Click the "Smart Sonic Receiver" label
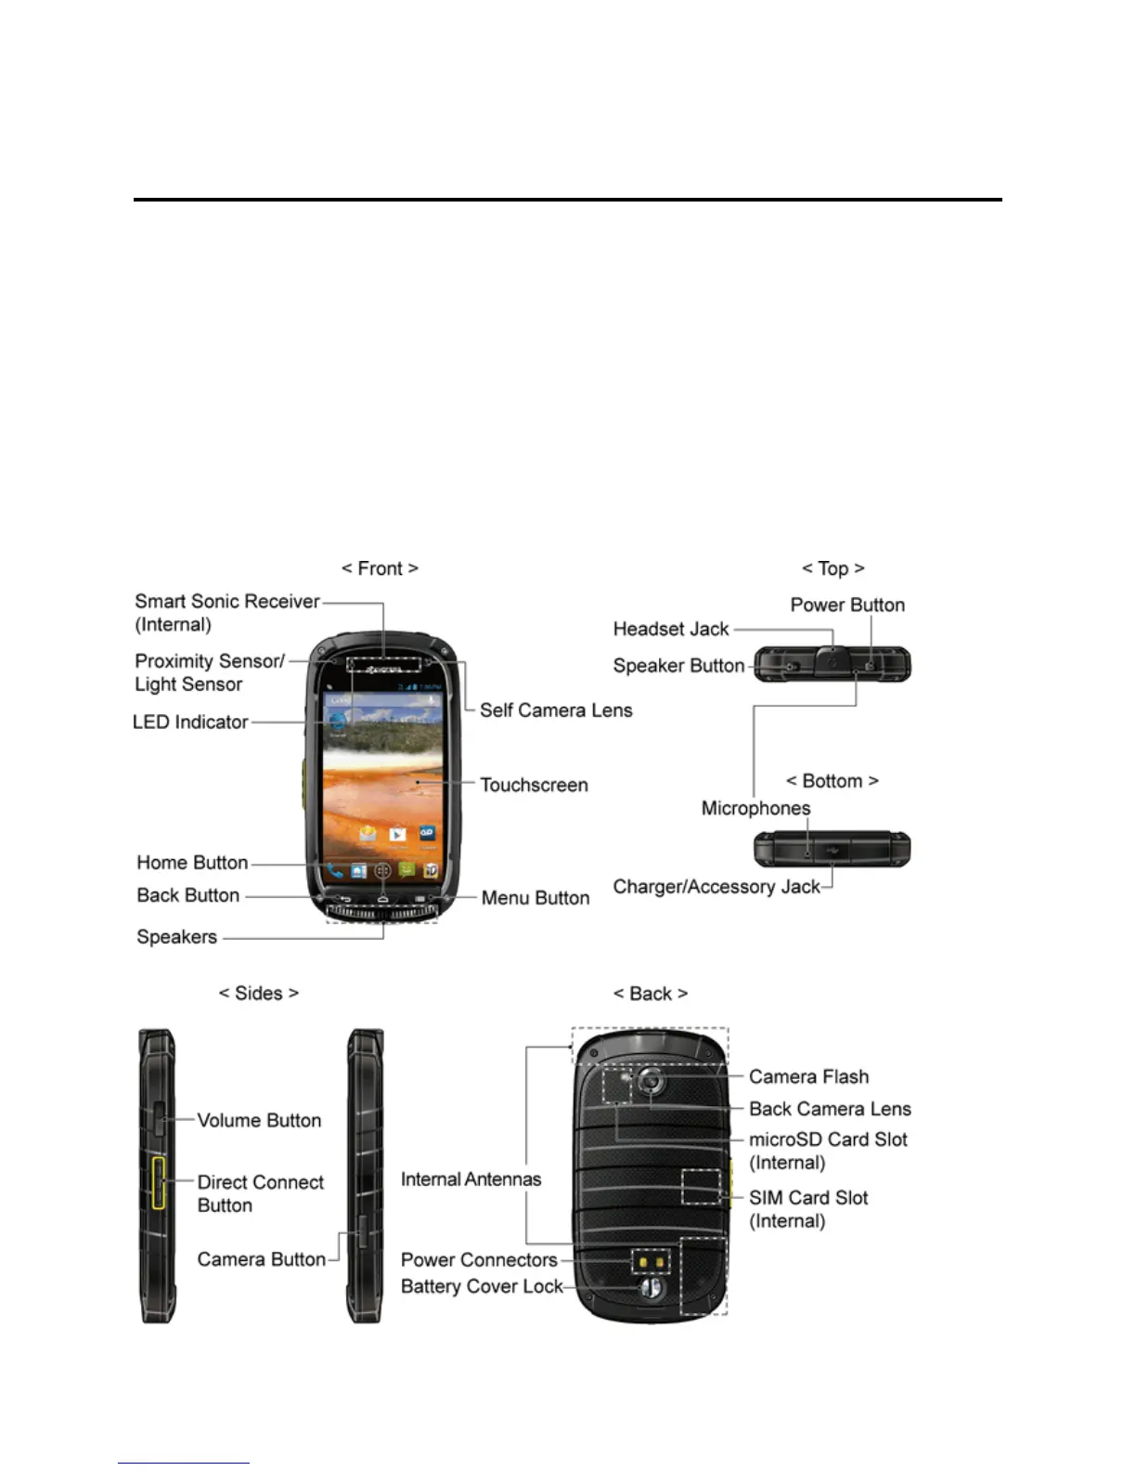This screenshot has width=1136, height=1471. click(226, 602)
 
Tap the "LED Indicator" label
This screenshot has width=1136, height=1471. click(190, 722)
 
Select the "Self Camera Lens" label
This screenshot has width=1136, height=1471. click(555, 710)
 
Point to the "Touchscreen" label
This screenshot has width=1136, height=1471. click(534, 786)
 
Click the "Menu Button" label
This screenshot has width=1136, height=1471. click(535, 898)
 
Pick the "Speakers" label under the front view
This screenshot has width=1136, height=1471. click(176, 937)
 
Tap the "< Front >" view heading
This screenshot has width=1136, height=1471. click(380, 568)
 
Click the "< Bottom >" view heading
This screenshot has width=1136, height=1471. click(832, 781)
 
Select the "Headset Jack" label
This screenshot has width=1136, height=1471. click(671, 630)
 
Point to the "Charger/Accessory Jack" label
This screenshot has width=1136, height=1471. click(716, 887)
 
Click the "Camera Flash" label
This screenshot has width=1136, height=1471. click(808, 1077)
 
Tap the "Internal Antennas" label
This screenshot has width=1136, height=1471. click(471, 1179)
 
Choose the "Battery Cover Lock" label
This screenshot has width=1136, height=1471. click(482, 1287)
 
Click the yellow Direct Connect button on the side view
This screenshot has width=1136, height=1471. click(159, 1183)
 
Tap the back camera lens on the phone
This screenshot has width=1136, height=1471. click(652, 1081)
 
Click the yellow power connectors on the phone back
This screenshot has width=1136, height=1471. click(651, 1262)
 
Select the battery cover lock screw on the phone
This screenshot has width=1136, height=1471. click(651, 1289)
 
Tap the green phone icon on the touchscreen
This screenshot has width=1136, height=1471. click(334, 871)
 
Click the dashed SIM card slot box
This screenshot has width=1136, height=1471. click(701, 1187)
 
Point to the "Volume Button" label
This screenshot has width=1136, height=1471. click(259, 1121)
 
